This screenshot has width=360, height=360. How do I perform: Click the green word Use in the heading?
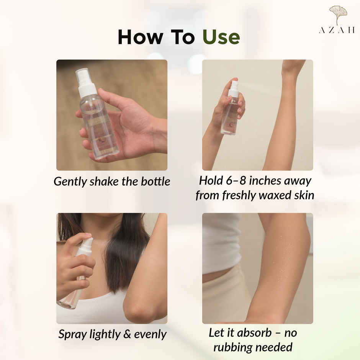tap(221, 37)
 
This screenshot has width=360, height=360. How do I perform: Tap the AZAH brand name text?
tap(337, 30)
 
